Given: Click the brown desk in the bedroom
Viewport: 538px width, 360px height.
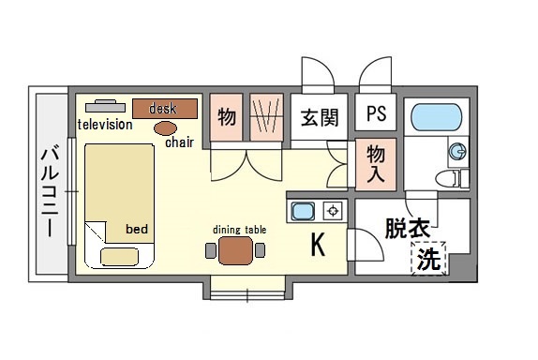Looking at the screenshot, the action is tap(165, 109).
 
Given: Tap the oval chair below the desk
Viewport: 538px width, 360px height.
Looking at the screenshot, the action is tap(165, 128).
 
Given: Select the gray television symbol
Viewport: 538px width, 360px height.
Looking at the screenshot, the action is tap(105, 106).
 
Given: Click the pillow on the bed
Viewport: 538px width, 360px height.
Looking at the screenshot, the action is tap(119, 257).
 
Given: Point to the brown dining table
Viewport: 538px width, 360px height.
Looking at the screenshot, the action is tap(235, 250).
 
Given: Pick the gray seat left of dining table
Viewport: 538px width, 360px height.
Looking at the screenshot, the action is tap(211, 250).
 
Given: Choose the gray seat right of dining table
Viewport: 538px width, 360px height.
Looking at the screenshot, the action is tap(260, 250).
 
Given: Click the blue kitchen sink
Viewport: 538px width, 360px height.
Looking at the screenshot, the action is tap(303, 211).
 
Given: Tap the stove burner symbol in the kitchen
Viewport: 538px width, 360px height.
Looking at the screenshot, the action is tap(333, 211).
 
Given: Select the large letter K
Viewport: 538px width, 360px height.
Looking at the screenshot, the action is tap(318, 245).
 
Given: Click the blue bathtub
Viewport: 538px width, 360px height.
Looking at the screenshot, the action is tap(436, 117).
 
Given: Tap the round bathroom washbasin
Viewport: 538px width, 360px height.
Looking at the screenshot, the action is tap(457, 151).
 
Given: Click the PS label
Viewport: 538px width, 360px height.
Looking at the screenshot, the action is tap(377, 112).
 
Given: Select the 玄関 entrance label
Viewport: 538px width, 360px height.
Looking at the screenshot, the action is tap(320, 117).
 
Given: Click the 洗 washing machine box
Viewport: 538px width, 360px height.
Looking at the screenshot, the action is tap(429, 259).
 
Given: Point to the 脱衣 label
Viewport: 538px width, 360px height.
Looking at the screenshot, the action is tap(408, 228).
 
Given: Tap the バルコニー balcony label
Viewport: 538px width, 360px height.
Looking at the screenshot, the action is tap(50, 191).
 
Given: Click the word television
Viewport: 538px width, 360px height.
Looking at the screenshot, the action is tap(105, 125).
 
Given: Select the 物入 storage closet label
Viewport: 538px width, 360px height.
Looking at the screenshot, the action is tap(376, 163).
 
